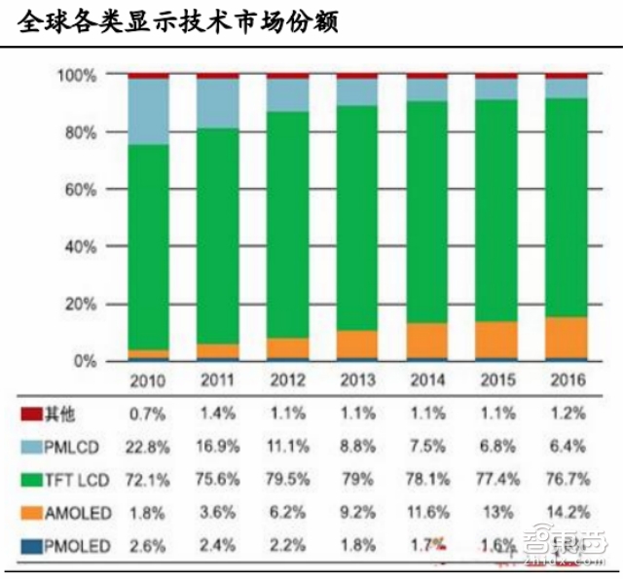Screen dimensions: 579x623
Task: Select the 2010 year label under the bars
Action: pos(148,380)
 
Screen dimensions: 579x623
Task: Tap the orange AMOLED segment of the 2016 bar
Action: pos(567,337)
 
